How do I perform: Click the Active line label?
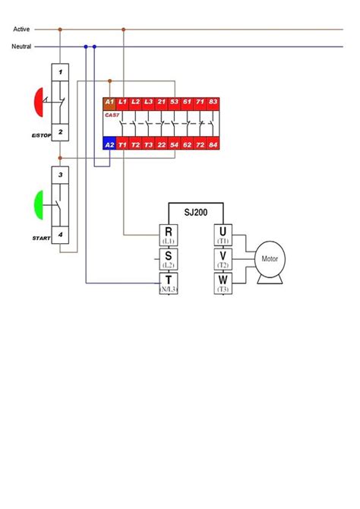(21, 29)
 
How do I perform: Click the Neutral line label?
(21, 46)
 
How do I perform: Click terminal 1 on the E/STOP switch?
(60, 71)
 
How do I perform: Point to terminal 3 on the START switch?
(60, 175)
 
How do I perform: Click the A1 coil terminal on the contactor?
(109, 102)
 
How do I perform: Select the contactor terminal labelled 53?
(174, 102)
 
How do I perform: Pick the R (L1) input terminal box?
(168, 235)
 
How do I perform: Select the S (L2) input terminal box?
(168, 259)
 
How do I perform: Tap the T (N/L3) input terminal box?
(168, 284)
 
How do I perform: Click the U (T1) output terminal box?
(223, 235)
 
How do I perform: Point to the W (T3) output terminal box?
(223, 284)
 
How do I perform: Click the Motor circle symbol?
(270, 258)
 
